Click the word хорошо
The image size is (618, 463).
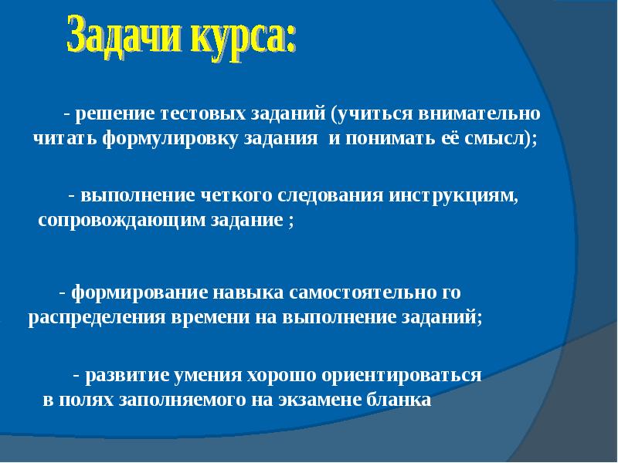pos(280,377)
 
